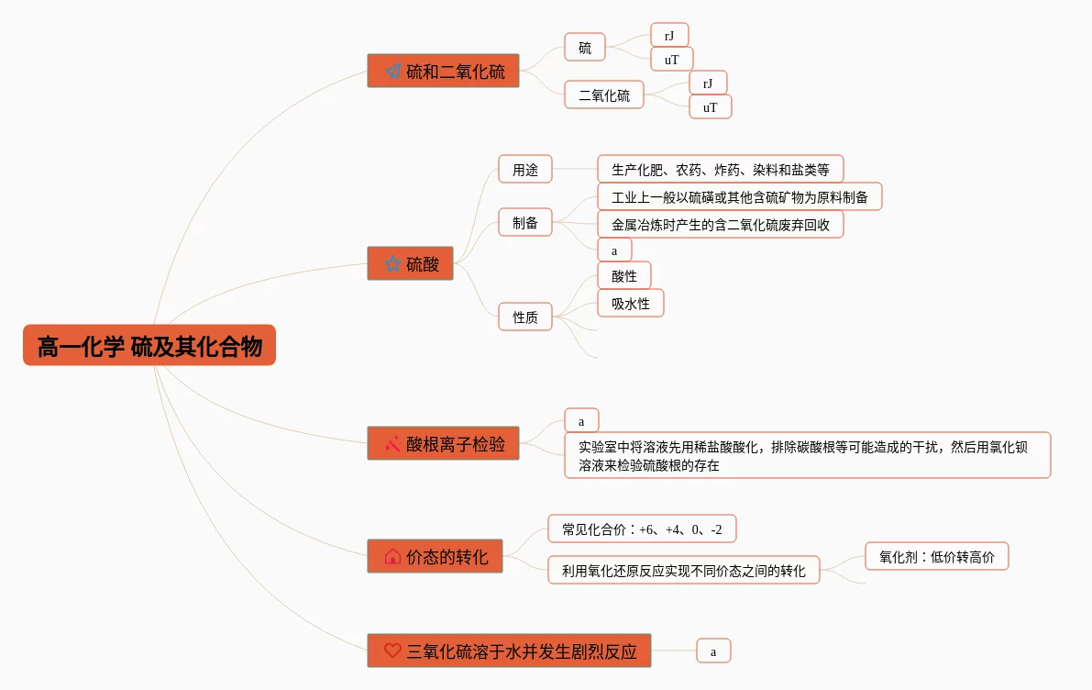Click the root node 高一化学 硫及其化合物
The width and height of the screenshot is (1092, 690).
[x=149, y=346]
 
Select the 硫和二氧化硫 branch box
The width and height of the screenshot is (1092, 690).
[x=443, y=71]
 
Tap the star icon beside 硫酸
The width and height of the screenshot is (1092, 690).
[x=392, y=264]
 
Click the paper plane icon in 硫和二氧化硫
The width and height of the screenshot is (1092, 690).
[x=392, y=71]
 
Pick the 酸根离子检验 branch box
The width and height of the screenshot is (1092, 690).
[x=443, y=444]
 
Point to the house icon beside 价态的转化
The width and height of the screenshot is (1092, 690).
[x=392, y=556]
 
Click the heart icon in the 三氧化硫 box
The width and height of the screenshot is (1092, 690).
[x=392, y=651]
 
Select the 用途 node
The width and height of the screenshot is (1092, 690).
[x=525, y=170]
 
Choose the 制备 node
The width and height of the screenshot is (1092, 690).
[x=525, y=222]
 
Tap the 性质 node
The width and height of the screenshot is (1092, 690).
[x=525, y=317]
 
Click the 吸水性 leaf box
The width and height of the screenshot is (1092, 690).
[x=630, y=303]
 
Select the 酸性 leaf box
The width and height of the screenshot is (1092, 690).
[x=623, y=275]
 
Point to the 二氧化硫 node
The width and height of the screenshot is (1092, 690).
[x=603, y=95]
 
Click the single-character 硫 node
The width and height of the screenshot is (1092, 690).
[x=585, y=48]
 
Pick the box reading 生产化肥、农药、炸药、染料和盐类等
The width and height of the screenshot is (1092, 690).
[x=720, y=170]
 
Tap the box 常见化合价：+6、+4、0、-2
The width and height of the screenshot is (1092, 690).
[x=642, y=529]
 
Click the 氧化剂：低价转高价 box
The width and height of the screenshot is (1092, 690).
[x=936, y=556]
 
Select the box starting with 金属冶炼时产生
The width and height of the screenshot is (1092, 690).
[x=720, y=224]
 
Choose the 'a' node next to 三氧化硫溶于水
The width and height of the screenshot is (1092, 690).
[x=713, y=651]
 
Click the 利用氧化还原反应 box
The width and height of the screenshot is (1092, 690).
[x=683, y=571]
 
